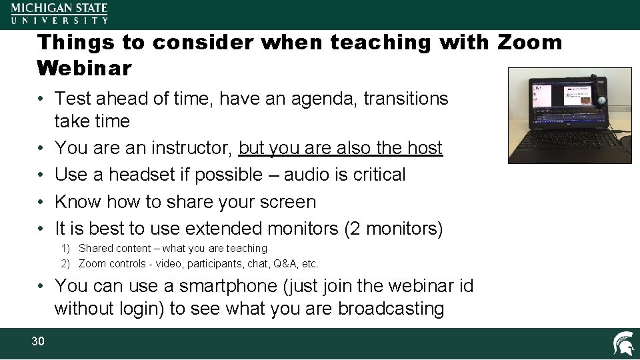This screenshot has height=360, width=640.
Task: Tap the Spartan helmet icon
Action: click(623, 343)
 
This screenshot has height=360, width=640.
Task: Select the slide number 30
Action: click(38, 341)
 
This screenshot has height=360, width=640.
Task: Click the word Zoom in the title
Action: click(530, 43)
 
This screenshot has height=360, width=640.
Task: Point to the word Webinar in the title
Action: click(85, 68)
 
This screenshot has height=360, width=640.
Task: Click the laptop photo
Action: click(569, 115)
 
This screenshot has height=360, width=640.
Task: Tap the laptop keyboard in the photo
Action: click(567, 141)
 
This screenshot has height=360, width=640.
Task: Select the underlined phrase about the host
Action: click(340, 147)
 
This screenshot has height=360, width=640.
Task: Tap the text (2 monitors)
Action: click(393, 229)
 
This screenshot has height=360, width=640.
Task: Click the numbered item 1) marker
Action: click(67, 249)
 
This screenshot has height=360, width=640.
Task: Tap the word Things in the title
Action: click(75, 43)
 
